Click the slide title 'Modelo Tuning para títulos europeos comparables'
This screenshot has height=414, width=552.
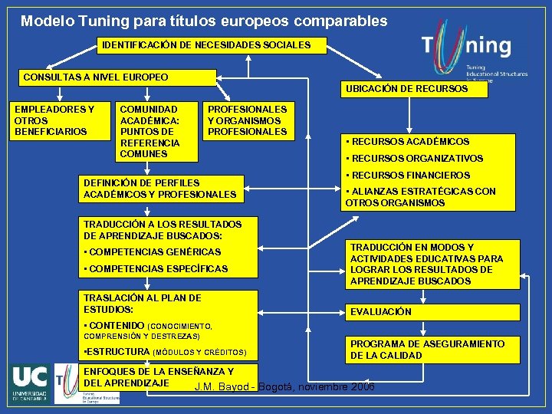coord(204,21)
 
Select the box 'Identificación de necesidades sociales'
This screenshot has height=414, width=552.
coord(206,45)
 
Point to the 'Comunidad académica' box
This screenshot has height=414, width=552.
coord(156,132)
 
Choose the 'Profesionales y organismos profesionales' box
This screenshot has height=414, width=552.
coord(248,121)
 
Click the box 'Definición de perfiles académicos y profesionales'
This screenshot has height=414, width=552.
coord(163,189)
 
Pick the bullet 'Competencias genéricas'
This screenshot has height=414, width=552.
coord(153,252)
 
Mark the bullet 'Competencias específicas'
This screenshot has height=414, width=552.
coord(156,269)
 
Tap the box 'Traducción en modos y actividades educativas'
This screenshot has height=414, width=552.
coord(431,264)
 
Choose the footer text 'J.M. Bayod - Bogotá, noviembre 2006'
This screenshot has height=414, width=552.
coord(284,386)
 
